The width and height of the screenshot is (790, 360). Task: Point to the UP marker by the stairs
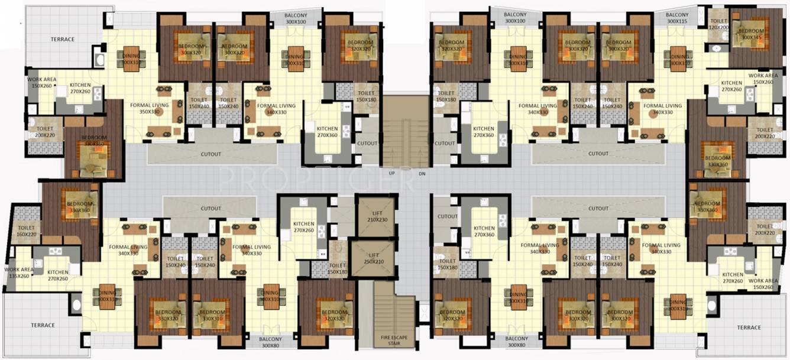[x=391, y=174]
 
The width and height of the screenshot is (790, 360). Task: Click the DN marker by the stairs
[x=421, y=174]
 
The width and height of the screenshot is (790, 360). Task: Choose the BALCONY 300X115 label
[x=677, y=18]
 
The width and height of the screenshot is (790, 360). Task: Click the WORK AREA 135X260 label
[x=19, y=273]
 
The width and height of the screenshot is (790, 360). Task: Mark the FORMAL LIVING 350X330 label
[x=150, y=108]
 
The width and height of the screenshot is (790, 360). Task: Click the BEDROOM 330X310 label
[x=211, y=314]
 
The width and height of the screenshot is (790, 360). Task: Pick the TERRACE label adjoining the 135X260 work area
[x=43, y=325]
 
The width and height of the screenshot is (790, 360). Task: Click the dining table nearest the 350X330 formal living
[x=131, y=58]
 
